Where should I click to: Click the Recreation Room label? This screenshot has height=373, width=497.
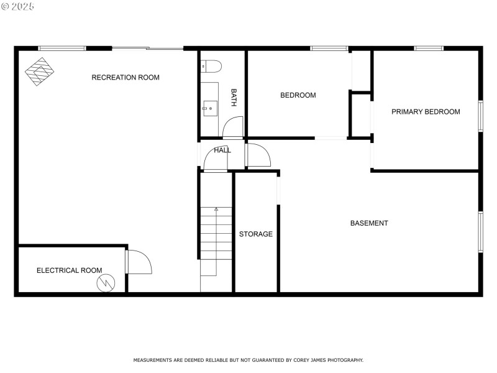[125, 78]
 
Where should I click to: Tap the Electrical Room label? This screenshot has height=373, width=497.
[69, 270]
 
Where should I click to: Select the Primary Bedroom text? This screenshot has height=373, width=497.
[426, 112]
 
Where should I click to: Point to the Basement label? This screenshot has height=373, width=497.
[369, 223]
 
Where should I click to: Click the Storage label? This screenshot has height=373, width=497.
[256, 234]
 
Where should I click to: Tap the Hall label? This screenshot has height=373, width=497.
[222, 150]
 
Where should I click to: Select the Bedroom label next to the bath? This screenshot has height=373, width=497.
[298, 95]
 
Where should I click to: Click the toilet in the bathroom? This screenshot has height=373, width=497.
[211, 67]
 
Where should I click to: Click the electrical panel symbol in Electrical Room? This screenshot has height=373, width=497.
[106, 283]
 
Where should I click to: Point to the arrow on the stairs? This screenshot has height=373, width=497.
[216, 210]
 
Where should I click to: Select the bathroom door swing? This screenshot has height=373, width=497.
[232, 127]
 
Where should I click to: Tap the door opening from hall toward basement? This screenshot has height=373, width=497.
[258, 155]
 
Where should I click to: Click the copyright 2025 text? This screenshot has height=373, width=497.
[18, 6]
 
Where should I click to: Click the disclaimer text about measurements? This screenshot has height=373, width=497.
[248, 360]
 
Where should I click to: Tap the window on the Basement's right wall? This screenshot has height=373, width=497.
[480, 232]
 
